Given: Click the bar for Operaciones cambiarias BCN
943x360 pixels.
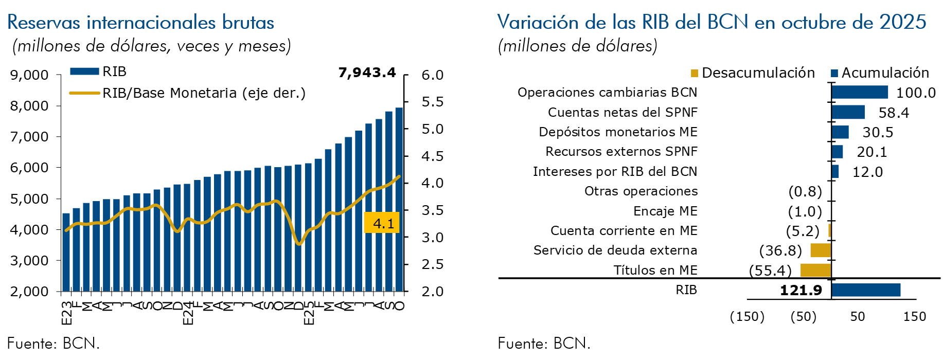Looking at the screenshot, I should pos(859,92).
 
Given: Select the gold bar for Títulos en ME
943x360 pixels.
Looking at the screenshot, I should pos(815,270).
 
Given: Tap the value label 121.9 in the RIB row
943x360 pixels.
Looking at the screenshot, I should pos(801,290).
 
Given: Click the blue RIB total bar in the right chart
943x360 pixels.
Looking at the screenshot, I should pos(866,290).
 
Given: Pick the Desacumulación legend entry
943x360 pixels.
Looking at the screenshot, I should pos(753,73).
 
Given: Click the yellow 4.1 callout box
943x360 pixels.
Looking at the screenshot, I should pos(382,223).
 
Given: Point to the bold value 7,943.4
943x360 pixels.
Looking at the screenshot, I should pos(367,73).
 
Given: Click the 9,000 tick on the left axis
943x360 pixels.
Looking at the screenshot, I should pos(29,75).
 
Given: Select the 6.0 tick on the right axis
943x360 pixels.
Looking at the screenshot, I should pos(432,75).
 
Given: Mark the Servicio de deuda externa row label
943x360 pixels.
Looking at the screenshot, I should pos(615,250).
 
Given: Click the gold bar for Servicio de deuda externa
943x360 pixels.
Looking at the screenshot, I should pos(821,250).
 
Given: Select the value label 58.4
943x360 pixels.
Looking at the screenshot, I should pos(894,113).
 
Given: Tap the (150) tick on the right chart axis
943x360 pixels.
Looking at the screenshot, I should pos(747,316).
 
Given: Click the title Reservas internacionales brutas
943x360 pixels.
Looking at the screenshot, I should pos(140,22).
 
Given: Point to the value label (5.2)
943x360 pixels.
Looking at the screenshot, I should pos(803,231).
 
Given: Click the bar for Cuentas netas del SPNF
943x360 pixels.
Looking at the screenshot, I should pos(848,112).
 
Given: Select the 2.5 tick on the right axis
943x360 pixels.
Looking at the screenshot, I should pos(432,264).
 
